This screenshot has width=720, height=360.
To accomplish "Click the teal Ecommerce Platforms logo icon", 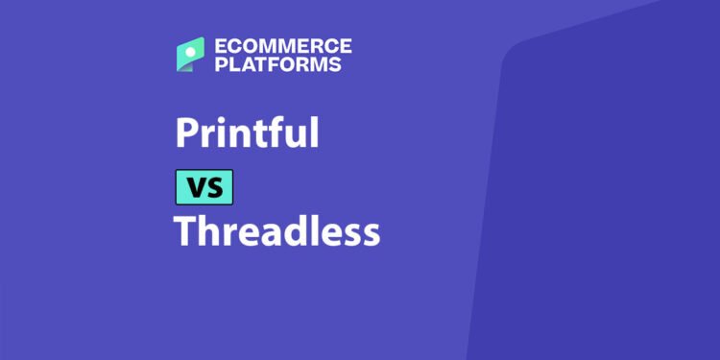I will click(190, 54).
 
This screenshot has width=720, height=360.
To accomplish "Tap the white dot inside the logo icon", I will click(194, 48).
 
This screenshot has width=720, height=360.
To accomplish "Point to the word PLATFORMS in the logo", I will click(278, 65).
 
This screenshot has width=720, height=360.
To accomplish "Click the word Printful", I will click(246, 132).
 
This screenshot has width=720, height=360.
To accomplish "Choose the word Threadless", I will click(276, 231).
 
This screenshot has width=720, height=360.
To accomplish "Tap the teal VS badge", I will click(204, 186).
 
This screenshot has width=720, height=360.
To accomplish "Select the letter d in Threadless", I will click(297, 231).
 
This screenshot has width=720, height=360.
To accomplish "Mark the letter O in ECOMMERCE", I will click(243, 46).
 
